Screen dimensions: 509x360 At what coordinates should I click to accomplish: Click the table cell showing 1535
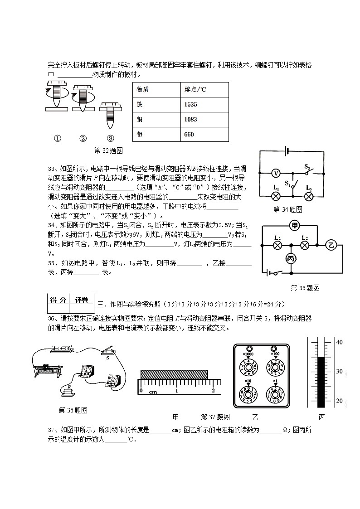[190, 105]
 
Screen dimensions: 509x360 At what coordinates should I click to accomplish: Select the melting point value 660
[189, 134]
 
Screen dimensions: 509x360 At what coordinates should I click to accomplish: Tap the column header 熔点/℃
[195, 89]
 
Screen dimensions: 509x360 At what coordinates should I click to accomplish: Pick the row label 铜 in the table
[140, 119]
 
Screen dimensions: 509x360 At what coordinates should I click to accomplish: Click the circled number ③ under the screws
[110, 139]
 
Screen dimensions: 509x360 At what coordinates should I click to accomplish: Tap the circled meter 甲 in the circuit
[295, 225]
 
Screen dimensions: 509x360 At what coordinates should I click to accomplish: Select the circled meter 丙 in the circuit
[290, 258]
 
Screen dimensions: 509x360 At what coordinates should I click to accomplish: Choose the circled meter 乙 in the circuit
[331, 245]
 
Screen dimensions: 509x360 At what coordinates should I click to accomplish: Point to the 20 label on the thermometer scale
[339, 401]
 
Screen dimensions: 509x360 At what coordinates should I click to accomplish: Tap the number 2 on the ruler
[213, 391]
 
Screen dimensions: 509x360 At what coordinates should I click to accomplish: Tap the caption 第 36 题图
[73, 410]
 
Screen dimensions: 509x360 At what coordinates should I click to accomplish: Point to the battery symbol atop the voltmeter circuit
[286, 150]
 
